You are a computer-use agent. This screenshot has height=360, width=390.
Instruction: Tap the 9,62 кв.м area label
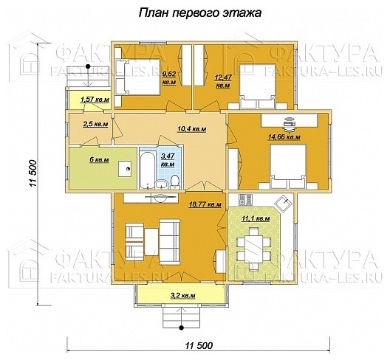(169, 78)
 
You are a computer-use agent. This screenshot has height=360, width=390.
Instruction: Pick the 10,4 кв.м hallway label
(191, 129)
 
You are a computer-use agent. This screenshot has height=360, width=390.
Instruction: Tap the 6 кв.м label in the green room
(100, 159)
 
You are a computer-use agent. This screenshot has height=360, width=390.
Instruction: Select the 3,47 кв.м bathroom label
(168, 160)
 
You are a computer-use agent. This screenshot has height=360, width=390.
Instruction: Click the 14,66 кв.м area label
(284, 136)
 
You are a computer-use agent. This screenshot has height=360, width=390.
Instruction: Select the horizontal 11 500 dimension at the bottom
(199, 345)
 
